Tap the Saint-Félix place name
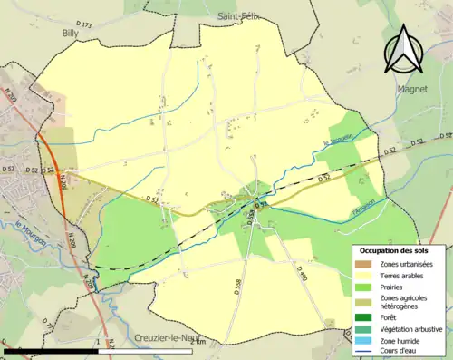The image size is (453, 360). click(x=239, y=16)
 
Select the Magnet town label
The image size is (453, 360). click(x=413, y=89)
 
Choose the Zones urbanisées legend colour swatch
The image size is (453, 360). click(x=364, y=264)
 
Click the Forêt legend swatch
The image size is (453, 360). click(x=364, y=316)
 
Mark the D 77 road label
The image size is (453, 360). click(x=49, y=325)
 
